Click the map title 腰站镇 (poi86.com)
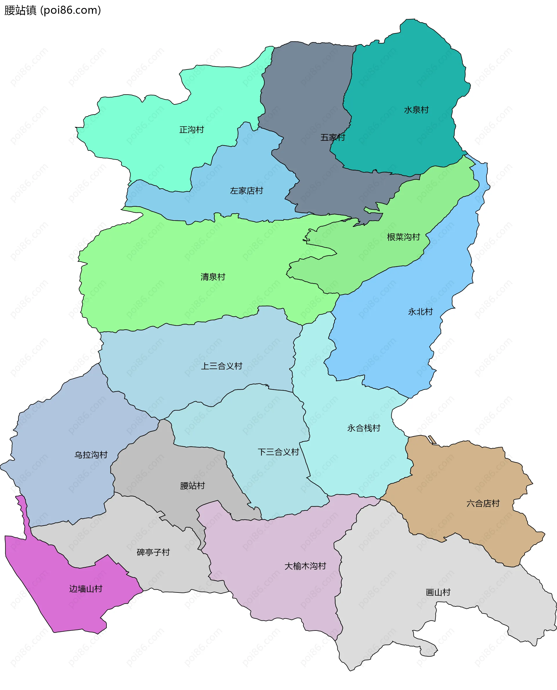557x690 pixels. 53,10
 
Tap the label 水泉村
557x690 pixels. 416,110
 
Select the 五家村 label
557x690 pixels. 333,138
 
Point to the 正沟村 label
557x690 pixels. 191,130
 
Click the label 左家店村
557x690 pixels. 246,191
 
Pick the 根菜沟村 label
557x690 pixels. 403,237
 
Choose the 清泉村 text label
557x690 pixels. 213,277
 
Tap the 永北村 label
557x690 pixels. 420,312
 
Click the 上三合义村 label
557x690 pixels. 221,366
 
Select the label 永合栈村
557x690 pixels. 364,428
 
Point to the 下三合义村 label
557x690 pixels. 278,452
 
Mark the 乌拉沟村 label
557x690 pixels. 91,455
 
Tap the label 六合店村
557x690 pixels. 483,503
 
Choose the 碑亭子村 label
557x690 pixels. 153,552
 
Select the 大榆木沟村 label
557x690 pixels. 305,566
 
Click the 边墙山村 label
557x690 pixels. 86,589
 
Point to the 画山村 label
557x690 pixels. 438,593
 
